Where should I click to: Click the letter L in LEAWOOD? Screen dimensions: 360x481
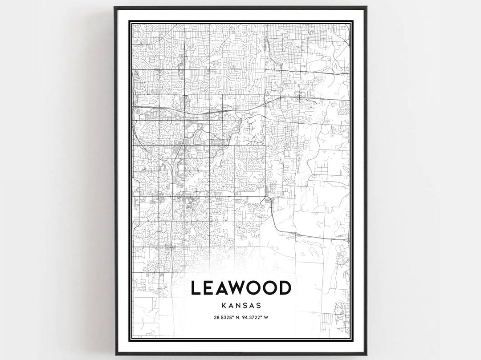[196, 288]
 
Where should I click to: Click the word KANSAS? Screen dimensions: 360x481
[240, 306]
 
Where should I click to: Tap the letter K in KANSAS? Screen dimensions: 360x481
[223, 306]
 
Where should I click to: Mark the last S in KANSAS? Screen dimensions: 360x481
[258, 306]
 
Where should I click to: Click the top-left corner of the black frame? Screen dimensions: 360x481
[115, 7]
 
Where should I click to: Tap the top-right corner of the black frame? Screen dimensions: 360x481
[366, 7]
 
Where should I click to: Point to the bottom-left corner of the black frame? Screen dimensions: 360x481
[116, 354]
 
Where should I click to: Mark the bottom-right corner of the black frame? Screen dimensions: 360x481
[366, 354]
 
